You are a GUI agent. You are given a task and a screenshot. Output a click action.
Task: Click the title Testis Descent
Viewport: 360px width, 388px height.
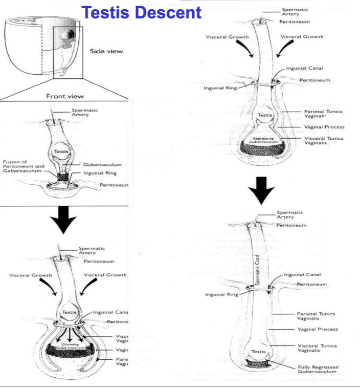142,13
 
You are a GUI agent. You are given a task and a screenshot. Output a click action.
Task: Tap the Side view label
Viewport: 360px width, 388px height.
106,51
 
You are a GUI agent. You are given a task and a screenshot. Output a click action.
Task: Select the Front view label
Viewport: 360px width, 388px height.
65,96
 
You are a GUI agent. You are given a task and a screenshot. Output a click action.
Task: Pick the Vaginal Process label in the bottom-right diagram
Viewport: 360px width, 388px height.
318,329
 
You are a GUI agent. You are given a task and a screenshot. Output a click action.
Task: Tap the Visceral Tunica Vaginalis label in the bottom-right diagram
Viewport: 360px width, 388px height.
317,348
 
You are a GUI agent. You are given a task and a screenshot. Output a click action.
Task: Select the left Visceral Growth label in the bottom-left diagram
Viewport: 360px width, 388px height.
31,275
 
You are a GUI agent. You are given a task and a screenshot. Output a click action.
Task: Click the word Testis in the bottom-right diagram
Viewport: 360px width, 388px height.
259,351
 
